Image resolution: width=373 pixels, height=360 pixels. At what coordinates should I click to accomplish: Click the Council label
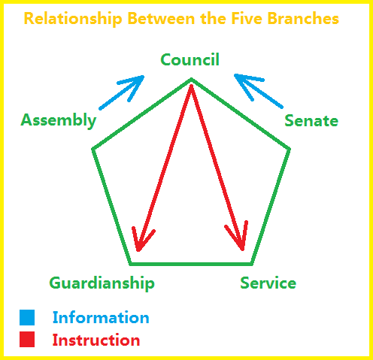[190, 59]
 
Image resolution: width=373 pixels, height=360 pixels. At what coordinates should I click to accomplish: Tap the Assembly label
[59, 121]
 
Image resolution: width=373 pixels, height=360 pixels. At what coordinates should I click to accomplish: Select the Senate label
[311, 121]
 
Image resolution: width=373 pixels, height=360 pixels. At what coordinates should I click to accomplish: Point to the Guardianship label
[102, 283]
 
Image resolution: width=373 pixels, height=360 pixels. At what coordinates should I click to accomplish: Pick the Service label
[268, 283]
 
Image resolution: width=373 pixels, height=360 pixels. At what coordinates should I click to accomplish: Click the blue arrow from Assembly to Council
[122, 92]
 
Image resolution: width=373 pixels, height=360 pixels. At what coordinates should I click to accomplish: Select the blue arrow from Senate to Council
[259, 91]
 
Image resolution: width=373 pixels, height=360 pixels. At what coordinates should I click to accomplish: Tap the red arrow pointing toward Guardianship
[165, 168]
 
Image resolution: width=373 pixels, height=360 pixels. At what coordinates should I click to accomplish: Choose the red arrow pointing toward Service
[217, 168]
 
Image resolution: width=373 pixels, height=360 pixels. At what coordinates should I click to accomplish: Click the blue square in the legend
[27, 317]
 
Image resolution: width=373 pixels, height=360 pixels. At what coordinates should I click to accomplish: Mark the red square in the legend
[27, 340]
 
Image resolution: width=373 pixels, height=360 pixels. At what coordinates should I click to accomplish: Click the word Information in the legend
[101, 317]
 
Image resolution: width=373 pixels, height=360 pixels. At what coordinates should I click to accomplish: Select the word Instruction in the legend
[96, 340]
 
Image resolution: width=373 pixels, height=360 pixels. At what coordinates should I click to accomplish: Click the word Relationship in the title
[73, 19]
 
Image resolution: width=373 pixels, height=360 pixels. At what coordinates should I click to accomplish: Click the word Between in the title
[161, 18]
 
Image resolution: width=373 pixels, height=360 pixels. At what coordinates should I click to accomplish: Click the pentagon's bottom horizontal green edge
[191, 264]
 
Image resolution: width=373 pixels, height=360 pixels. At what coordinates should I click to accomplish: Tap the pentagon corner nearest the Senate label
[290, 149]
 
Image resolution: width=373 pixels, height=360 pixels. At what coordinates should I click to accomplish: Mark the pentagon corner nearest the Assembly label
[93, 149]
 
